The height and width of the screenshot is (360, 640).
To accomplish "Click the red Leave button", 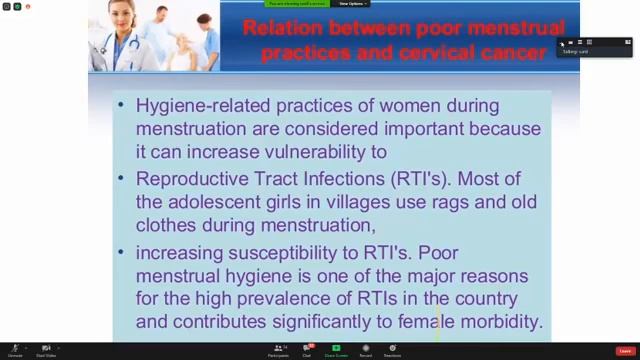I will [625, 350].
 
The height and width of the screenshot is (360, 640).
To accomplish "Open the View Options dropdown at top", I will [351, 4].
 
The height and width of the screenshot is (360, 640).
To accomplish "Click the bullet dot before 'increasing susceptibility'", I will [122, 252].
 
